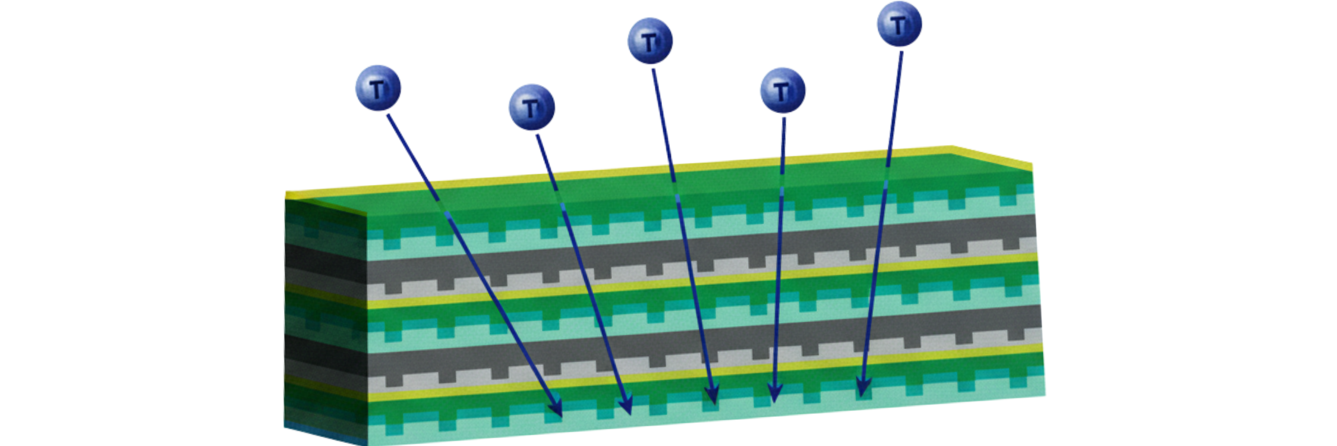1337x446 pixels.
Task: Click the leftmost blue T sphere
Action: point(378,88)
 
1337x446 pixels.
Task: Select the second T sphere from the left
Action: point(532,107)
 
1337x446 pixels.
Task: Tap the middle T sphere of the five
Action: point(650,40)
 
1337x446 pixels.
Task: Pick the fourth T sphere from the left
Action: point(783,90)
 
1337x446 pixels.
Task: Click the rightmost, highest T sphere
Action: point(900,24)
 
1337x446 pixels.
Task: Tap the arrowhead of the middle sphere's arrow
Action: point(712,395)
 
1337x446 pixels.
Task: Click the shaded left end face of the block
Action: point(324,315)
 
